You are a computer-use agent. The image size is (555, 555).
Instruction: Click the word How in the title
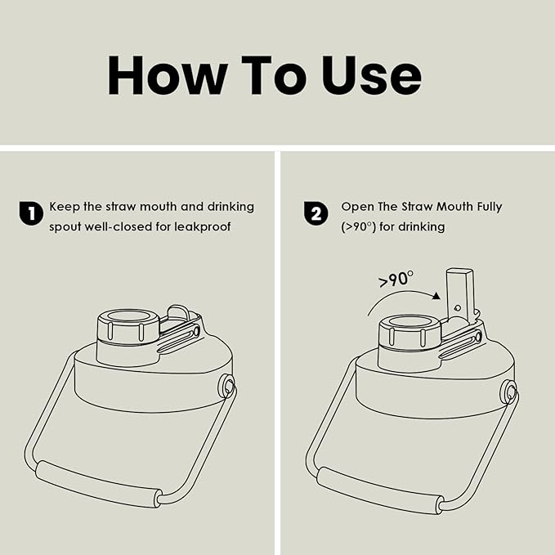(x=167, y=75)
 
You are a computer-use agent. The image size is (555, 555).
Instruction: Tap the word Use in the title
(x=371, y=75)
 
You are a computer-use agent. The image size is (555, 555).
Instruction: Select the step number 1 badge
(x=31, y=213)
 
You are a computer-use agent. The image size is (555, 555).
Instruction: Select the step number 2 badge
(x=316, y=213)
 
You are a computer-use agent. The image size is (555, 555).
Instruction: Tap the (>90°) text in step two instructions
(x=358, y=226)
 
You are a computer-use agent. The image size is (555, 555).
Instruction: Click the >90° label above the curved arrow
(x=396, y=279)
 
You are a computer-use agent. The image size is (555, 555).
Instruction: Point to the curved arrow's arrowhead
(x=436, y=296)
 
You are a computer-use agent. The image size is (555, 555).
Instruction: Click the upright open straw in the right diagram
(x=459, y=293)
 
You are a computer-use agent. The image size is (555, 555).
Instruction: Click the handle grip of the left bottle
(x=98, y=484)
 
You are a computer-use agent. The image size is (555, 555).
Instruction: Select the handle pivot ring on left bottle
(x=226, y=386)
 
